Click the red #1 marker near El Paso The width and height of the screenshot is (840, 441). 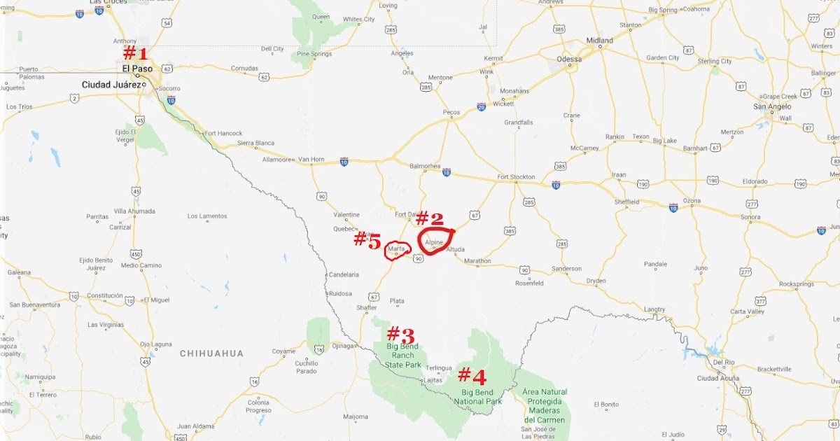135,53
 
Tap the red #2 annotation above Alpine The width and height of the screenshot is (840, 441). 430,218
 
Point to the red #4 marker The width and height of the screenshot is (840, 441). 472,377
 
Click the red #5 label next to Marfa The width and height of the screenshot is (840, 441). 367,240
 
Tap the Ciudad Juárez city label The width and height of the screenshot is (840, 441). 111,85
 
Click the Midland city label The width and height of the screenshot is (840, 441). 600,41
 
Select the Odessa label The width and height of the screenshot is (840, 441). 568,59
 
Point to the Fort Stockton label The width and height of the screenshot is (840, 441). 516,177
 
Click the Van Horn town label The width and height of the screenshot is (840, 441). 311,160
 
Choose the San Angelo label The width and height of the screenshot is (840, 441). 772,107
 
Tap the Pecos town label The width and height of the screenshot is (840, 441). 451,112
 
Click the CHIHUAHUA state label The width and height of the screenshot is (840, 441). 211,353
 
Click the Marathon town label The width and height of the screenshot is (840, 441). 477,261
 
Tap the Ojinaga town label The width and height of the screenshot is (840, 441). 343,345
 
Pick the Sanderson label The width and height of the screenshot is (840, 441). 566,269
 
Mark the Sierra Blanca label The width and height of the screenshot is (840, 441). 256,143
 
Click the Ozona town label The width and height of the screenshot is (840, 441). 692,201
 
